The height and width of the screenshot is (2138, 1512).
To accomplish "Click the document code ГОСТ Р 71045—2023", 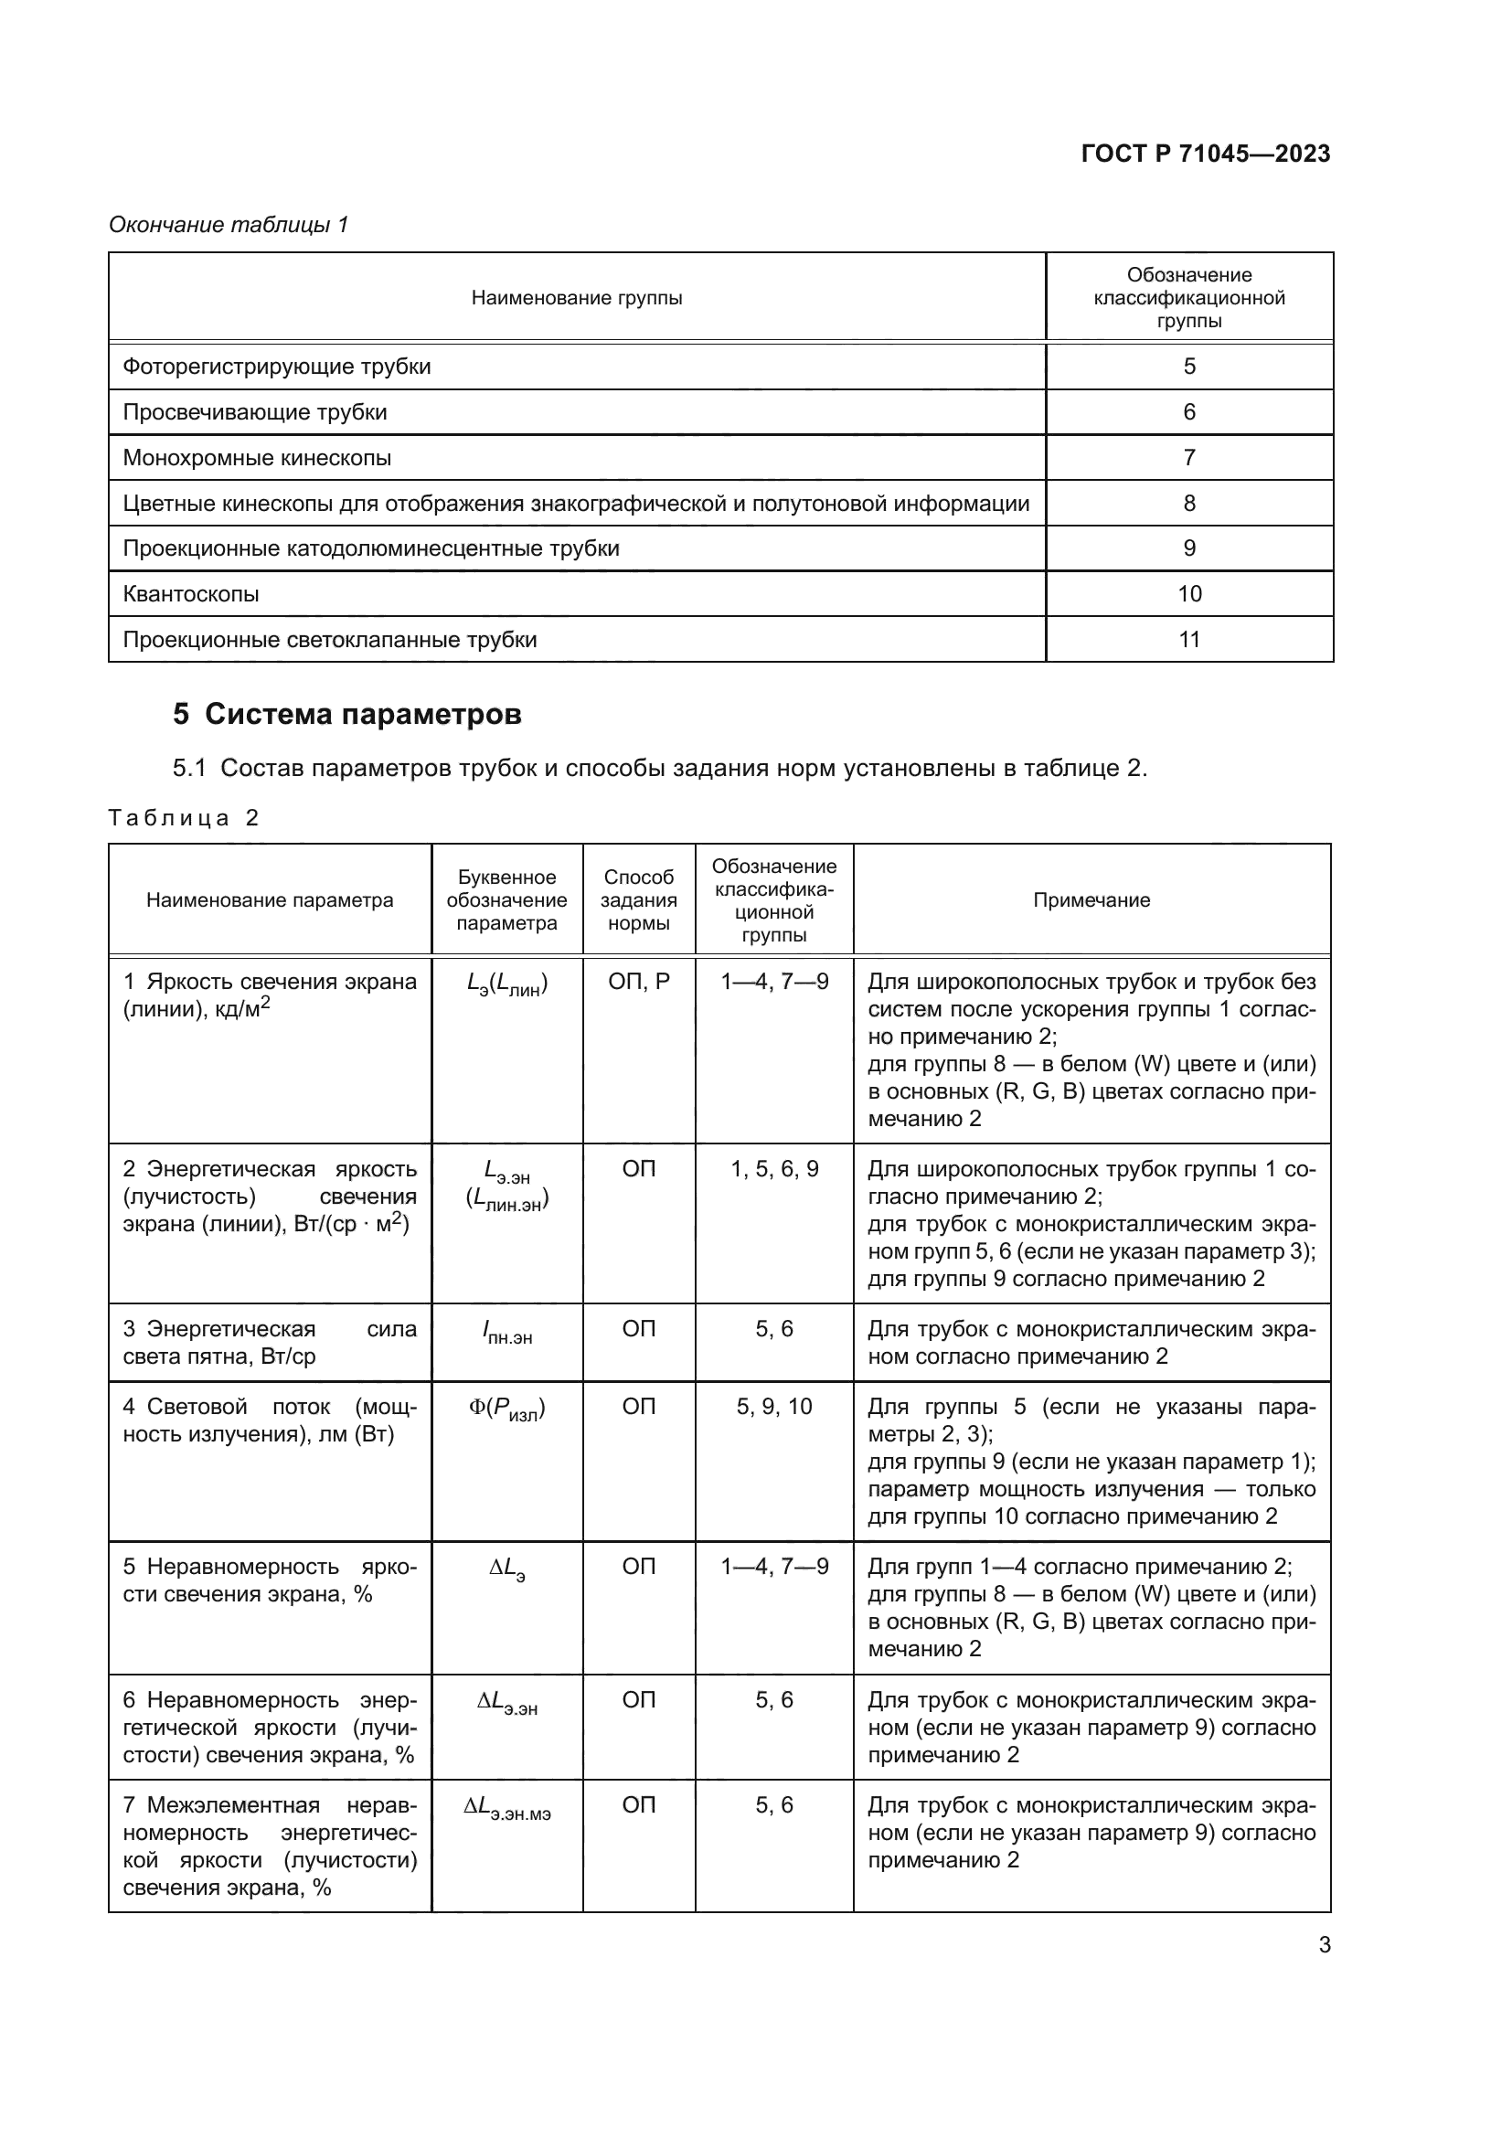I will coord(1205,154).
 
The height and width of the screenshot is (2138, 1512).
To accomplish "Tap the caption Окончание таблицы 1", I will coord(229,225).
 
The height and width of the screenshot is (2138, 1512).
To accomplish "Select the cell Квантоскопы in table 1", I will coord(191,594).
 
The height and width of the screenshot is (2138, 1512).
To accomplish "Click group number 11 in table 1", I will coord(1189,640).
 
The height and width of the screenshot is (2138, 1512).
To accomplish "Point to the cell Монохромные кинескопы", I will coord(257,458).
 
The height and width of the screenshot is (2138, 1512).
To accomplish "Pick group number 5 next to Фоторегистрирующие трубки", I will coord(1189,367).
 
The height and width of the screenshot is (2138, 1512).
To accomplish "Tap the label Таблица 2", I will coord(184,818).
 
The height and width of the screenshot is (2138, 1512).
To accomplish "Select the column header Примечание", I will coord(1091,900).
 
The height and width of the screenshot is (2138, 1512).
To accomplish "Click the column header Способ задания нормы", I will coord(639,900).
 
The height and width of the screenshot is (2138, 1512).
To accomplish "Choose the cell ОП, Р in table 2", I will coord(639,982).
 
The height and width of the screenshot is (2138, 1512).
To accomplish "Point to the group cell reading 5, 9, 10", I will coord(773,1407).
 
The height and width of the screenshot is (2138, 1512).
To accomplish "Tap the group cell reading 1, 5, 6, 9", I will coord(773,1170).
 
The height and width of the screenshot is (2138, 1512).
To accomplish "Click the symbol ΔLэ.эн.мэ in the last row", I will coord(506,1808).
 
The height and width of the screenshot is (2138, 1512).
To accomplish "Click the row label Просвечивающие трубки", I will coord(254,412).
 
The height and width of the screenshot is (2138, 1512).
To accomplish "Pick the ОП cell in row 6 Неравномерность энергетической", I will coord(639,1700).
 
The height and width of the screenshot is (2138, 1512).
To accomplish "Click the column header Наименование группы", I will coord(576,298).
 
